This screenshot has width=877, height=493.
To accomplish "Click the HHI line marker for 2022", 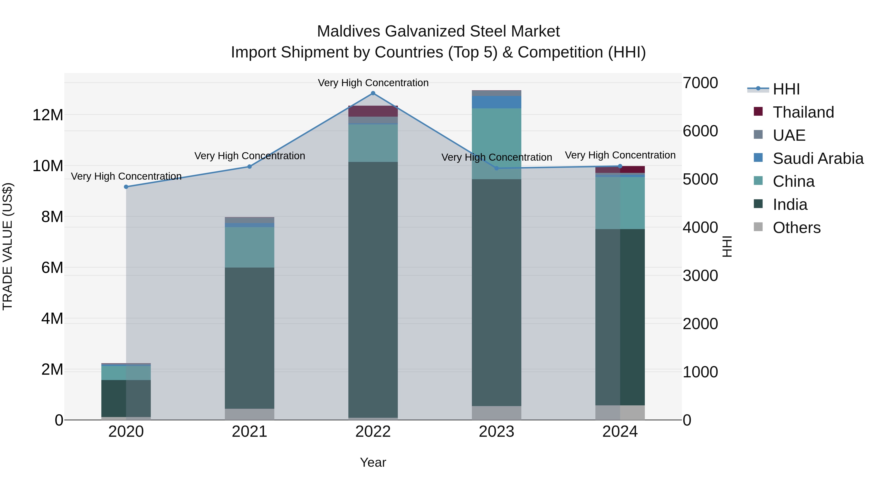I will pos(373,93).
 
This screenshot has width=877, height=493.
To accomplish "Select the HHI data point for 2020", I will pos(126,187).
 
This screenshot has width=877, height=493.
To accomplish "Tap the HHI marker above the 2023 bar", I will pos(496,168).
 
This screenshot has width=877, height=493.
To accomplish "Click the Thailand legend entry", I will pos(803,112).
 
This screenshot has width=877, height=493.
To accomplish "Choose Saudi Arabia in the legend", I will pos(818,158).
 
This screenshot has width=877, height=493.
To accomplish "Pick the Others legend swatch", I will pos(758,227).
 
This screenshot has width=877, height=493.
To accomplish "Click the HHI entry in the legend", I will pos(786,89).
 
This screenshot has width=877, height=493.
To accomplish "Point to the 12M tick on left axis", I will pos(48,115).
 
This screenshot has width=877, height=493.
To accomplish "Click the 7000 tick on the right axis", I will pos(700,83).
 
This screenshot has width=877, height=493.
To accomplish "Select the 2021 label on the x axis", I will pos(249,432).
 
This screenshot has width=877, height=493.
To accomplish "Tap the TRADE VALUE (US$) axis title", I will pos(8,246).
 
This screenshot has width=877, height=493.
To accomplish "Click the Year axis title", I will pos(373,462).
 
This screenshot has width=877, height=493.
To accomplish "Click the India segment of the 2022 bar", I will pos(373,289).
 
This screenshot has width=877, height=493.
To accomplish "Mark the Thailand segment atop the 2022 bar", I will pos(373,111).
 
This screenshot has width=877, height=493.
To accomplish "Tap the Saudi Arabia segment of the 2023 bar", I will pos(496,102).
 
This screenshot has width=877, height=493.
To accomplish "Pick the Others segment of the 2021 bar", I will pos(249,414).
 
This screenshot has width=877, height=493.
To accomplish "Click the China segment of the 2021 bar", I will pos(249,247).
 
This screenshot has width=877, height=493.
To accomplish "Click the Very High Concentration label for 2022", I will pos(373,83).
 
